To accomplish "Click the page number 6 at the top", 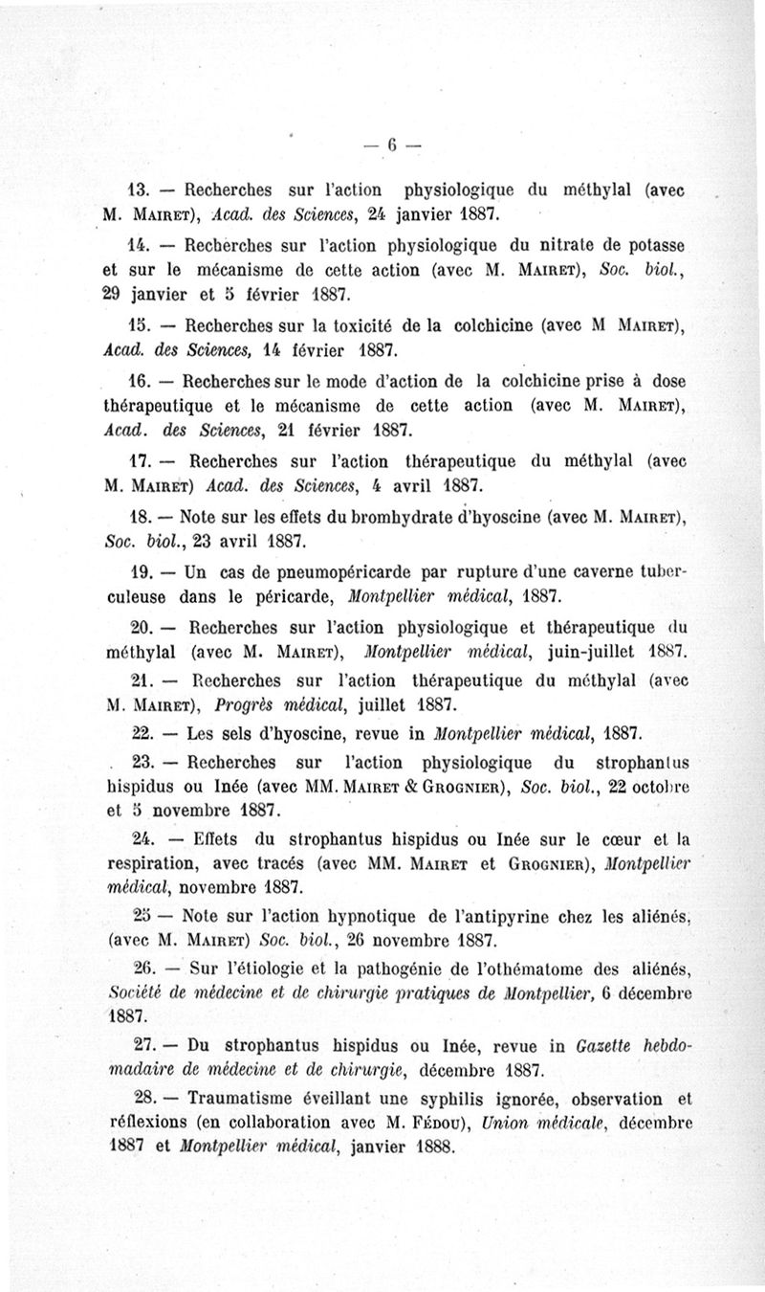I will coord(392,145).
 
